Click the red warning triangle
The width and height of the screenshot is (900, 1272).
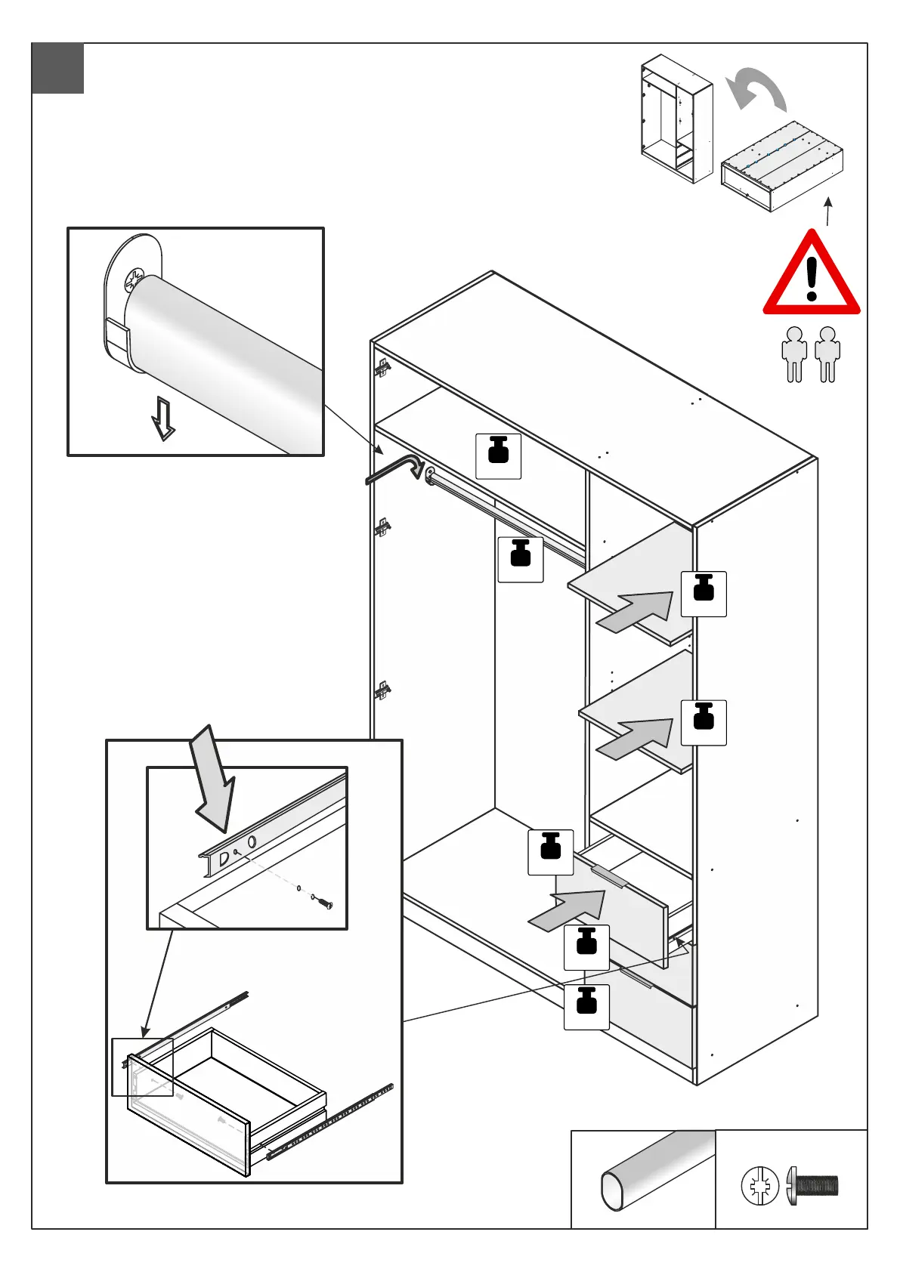(811, 277)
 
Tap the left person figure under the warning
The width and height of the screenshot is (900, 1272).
(794, 353)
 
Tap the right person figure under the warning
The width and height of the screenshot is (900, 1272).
(827, 353)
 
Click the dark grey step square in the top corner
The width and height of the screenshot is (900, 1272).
(58, 69)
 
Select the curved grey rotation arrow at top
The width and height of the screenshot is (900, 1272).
(756, 89)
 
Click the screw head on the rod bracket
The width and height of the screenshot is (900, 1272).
(134, 279)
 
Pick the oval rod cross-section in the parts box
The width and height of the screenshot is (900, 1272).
(614, 1190)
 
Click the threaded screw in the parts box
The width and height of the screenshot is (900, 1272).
(814, 1185)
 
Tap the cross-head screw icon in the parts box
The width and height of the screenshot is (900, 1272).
(759, 1185)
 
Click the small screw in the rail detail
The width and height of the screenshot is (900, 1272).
(324, 903)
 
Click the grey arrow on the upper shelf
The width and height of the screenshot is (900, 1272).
(636, 610)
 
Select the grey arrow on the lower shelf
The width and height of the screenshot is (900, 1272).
(636, 738)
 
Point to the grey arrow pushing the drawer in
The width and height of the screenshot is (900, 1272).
(568, 909)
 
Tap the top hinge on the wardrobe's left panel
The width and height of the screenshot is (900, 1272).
(383, 369)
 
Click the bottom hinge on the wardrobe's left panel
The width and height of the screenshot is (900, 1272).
(383, 690)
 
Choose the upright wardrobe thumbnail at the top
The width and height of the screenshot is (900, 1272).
(676, 118)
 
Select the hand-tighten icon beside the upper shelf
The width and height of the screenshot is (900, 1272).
(704, 594)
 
